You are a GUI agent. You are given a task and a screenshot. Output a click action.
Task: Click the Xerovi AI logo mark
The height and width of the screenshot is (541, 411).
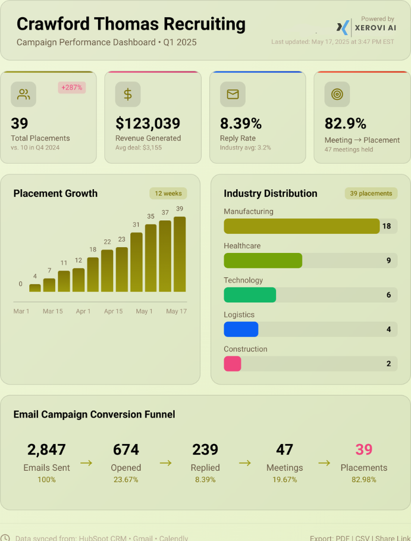pos(343,27)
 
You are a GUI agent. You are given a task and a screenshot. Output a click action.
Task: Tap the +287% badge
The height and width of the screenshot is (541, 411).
pos(72,87)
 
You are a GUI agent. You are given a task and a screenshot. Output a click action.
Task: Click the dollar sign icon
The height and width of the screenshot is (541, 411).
pos(128,94)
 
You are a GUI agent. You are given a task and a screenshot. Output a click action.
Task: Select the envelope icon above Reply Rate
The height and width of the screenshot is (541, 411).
pos(233,94)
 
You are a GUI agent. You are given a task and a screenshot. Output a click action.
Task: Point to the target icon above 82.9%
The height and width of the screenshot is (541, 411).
pos(337,94)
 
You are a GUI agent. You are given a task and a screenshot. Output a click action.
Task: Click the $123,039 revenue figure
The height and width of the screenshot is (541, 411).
pos(148,123)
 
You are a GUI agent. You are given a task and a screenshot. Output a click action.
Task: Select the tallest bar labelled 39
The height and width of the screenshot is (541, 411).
pos(180,254)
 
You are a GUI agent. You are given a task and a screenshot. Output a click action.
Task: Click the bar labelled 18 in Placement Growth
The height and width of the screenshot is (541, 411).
pos(93,274)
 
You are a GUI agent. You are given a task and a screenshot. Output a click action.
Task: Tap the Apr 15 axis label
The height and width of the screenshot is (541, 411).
pos(113,311)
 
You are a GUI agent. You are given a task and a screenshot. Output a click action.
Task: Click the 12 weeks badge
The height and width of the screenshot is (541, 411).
pos(168,193)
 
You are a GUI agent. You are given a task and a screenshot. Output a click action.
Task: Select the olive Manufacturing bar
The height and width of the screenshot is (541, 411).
pos(302,226)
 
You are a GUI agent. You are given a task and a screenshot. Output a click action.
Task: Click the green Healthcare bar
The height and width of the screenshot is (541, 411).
pos(263,261)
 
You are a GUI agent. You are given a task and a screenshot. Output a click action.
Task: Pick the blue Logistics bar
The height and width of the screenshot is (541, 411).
pos(241,330)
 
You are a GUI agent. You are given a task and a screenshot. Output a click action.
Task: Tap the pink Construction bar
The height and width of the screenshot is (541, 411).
pos(233,364)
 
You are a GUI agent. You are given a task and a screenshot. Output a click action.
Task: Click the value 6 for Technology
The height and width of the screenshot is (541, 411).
pos(388,295)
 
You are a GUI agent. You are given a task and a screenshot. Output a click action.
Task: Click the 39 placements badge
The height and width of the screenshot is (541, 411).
pos(371,193)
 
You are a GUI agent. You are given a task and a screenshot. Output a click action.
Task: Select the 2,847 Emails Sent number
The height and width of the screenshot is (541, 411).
pos(46,449)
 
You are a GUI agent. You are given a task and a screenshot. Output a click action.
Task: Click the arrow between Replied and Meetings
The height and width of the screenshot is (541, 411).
pos(245,462)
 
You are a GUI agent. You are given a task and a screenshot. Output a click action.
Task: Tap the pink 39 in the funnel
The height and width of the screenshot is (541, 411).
pos(364,449)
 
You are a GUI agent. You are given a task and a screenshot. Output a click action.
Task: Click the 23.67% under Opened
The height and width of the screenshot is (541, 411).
pos(126,480)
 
